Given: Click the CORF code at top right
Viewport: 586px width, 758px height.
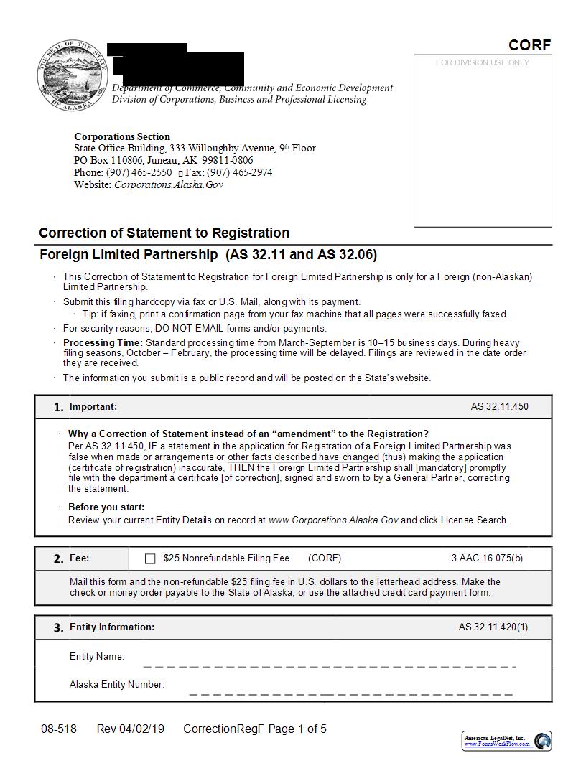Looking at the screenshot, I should pos(529,45).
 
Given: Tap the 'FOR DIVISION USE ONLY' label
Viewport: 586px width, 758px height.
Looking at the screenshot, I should pos(482,63).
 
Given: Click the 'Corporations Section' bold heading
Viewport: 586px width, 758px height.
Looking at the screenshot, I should pos(122,136).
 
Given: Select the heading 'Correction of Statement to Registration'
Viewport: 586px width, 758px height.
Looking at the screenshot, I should pos(164,233).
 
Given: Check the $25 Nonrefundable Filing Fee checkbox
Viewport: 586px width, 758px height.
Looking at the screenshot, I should pos(150,558).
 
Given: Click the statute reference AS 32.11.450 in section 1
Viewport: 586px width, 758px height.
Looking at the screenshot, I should pos(499,407).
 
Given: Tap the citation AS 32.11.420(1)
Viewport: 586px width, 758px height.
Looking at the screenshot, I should pos(493,627).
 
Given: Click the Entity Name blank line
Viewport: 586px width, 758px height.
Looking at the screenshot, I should pos(329,665).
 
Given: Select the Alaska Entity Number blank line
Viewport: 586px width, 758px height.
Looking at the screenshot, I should pos(350,693).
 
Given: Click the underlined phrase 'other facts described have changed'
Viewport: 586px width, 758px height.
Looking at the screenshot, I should pos(303,457).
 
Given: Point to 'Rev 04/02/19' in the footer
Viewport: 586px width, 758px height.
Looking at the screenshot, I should pos(130,729).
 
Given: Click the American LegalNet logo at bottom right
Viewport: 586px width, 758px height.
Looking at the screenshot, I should pos(507,740).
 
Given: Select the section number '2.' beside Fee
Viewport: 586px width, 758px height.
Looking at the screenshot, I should pos(59,558).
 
